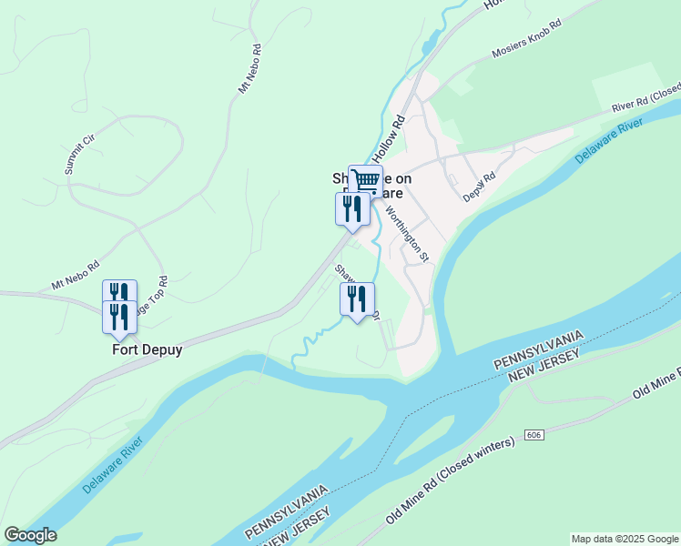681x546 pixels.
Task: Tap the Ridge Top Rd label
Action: pos(150,296)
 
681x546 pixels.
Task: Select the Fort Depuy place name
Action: pos(147,349)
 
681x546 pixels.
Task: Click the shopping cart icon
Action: pos(365,180)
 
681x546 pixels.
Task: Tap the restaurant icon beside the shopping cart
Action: pos(351,208)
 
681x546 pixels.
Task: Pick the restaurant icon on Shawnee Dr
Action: pos(357,298)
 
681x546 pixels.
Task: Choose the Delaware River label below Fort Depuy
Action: pos(113,470)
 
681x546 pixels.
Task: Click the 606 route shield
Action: pos(530,437)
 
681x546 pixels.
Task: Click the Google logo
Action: pos(30,535)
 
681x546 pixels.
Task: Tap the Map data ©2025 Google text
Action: pos(625,539)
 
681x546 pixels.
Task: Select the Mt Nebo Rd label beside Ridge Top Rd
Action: pos(75,275)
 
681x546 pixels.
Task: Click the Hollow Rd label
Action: pos(391,137)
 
